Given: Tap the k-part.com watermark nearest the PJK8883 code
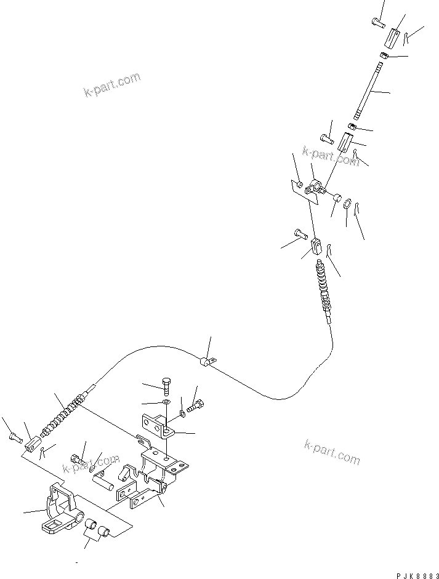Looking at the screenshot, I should (x=332, y=452).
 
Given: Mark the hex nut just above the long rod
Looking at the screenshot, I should (x=383, y=56).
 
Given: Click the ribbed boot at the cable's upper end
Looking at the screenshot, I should (x=324, y=286).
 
